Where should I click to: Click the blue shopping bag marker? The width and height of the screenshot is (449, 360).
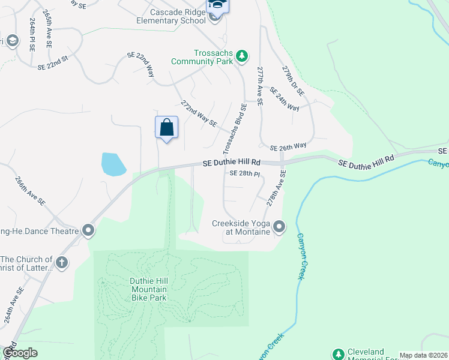(x=167, y=128)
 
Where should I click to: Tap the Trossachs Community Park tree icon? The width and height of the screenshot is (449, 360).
(x=242, y=56)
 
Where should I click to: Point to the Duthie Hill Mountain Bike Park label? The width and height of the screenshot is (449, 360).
(x=148, y=288)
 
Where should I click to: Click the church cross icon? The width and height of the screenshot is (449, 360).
(x=61, y=262)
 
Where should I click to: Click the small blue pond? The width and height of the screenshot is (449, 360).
(x=113, y=164)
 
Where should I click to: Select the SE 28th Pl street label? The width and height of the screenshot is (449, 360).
(x=245, y=174)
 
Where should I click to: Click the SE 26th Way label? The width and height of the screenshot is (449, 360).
(x=288, y=147)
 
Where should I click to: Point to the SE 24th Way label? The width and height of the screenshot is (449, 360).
(x=284, y=99)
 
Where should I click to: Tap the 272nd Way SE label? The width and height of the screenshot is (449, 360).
(x=199, y=112)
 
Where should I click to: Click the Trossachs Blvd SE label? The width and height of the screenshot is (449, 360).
(x=235, y=128)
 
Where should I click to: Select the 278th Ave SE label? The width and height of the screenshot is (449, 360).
(x=276, y=187)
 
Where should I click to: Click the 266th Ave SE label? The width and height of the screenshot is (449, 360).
(x=31, y=191)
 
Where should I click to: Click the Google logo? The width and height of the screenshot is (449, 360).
(x=20, y=353)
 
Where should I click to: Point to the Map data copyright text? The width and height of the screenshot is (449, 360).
(x=423, y=355)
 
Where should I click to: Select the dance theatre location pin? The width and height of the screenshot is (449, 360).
(x=88, y=230)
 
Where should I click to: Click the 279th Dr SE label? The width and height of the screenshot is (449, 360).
(x=294, y=80)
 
